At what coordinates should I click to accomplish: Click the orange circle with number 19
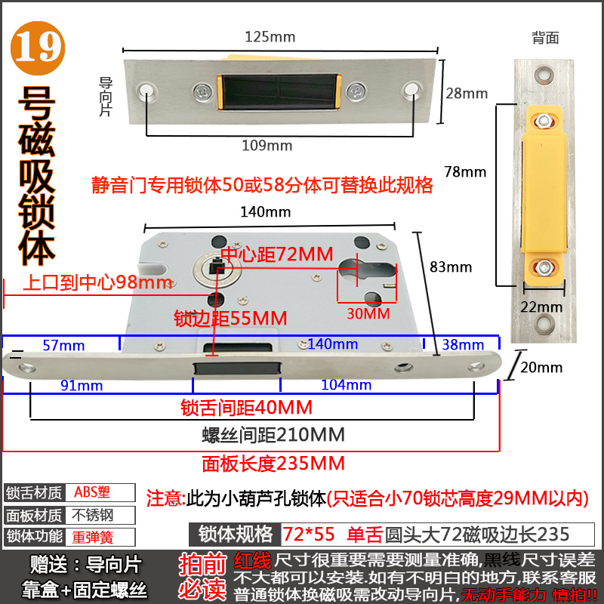[36, 47]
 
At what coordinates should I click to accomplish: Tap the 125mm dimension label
[270, 36]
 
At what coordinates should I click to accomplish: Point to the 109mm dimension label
[267, 145]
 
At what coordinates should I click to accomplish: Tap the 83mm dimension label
[450, 267]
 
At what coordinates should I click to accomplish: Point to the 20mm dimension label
[542, 368]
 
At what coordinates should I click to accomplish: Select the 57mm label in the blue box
[63, 345]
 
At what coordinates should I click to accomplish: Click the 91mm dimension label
[81, 385]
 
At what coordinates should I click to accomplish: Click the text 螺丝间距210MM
[273, 435]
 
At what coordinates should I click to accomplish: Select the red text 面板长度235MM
[273, 463]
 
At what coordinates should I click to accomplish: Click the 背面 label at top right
[545, 37]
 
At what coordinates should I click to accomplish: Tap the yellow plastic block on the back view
[544, 181]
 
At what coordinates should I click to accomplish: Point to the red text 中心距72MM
[276, 254]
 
